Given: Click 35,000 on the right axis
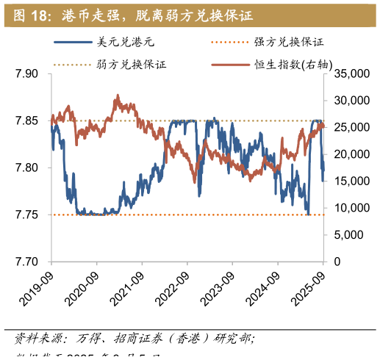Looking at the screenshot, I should (349, 73).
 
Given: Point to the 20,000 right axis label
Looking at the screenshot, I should (349, 154).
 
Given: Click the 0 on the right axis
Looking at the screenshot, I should (338, 262).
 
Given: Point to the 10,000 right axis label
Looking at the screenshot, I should (349, 208).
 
